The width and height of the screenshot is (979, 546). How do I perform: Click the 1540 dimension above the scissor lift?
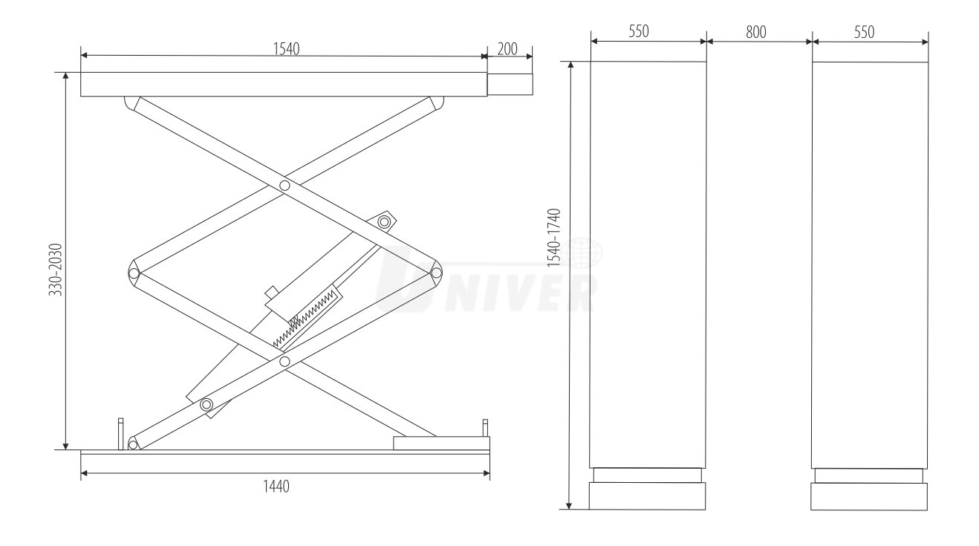286,48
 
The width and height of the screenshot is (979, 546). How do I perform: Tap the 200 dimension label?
507,49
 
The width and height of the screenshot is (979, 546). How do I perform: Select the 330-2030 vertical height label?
56,270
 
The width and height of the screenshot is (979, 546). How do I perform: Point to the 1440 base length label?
276,486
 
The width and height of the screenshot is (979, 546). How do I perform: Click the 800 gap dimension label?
755,32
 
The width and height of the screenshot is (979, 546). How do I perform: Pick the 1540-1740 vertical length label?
553,238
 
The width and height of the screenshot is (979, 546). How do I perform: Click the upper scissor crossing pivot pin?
284,186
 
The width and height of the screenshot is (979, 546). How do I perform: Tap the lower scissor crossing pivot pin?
284,362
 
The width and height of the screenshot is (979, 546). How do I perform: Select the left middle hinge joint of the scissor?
134,273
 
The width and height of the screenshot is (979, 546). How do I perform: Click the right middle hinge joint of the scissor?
436,273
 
